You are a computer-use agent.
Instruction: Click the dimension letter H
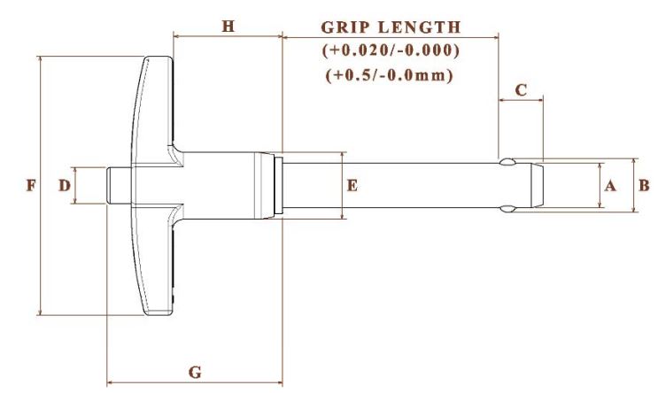(228, 27)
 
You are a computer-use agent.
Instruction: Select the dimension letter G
(195, 372)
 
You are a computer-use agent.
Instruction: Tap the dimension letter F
(31, 185)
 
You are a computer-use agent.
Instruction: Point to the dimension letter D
(64, 185)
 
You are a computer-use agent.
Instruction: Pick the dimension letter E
(352, 185)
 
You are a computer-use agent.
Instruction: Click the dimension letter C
(521, 90)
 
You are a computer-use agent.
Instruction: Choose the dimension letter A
(610, 185)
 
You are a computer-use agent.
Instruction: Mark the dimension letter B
(644, 185)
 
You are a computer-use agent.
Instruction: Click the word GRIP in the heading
(345, 27)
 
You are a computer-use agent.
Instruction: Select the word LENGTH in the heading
(420, 27)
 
